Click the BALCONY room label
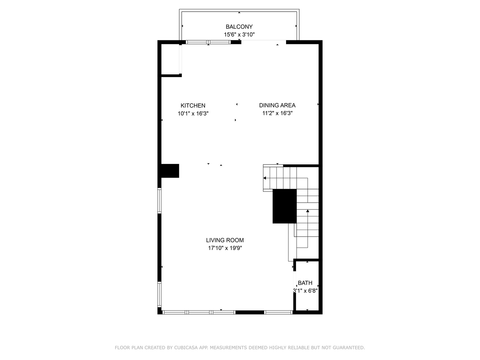click(x=239, y=27)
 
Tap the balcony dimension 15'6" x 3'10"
click(x=239, y=35)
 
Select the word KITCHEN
click(x=193, y=106)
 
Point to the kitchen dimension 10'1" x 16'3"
click(x=193, y=113)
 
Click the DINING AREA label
click(x=277, y=105)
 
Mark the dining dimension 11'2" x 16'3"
click(x=277, y=113)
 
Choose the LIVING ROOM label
click(x=225, y=240)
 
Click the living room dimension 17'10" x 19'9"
click(x=225, y=248)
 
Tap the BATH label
click(x=305, y=283)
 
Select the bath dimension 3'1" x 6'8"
click(x=305, y=291)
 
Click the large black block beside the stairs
click(x=285, y=206)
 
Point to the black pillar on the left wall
click(x=170, y=171)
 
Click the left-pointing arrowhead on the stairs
click(x=265, y=178)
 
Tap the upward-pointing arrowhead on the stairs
click(x=308, y=211)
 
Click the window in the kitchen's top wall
click(x=208, y=42)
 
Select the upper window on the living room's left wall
click(x=159, y=201)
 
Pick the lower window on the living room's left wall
click(x=159, y=295)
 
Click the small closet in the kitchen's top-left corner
click(x=170, y=59)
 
